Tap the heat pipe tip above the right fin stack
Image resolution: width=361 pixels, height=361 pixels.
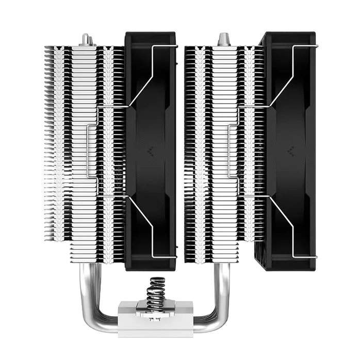(224, 38)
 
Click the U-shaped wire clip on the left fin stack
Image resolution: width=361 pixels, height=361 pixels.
(93, 150)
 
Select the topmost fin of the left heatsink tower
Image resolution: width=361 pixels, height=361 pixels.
(85, 47)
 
